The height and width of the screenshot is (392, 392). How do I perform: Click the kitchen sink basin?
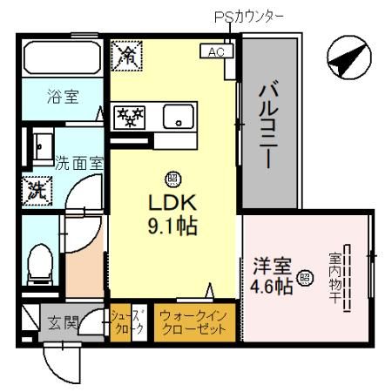click(181, 117)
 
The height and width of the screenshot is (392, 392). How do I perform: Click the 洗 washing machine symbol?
click(37, 187)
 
